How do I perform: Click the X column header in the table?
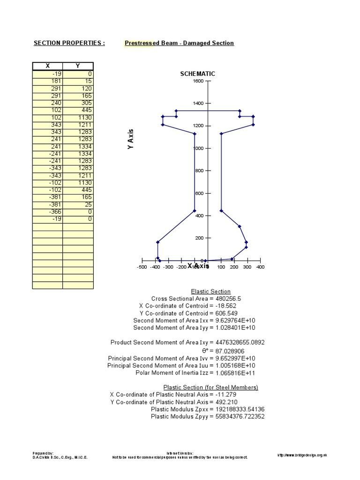click(x=47, y=66)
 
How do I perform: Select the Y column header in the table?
click(x=78, y=66)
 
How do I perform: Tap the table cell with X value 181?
click(x=47, y=81)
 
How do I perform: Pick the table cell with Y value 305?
click(x=78, y=103)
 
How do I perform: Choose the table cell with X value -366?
click(x=47, y=212)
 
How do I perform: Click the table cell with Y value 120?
click(x=78, y=89)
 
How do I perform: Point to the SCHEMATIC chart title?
click(x=197, y=74)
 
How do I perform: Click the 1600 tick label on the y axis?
click(x=198, y=81)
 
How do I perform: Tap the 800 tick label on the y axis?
click(x=200, y=171)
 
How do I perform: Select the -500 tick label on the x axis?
click(x=142, y=267)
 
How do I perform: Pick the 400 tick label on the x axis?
click(x=261, y=267)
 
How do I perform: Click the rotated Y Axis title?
click(x=131, y=139)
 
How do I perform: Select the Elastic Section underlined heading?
click(x=210, y=292)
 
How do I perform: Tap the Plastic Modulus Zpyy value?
click(x=240, y=417)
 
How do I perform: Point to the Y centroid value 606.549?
click(x=226, y=314)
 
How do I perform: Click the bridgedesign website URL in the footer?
click(x=302, y=455)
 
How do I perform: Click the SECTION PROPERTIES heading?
click(x=69, y=43)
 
